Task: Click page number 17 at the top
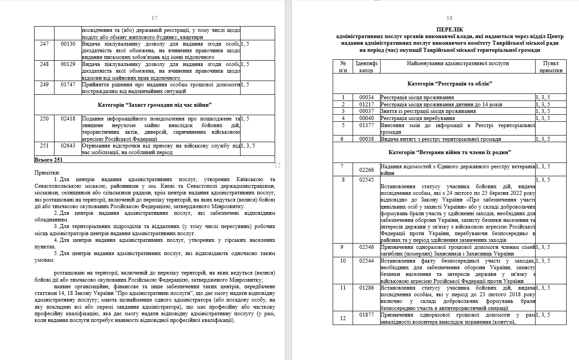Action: click(154, 18)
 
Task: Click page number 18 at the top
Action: click(449, 18)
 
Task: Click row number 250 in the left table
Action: click(44, 119)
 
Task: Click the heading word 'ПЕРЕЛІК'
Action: click(450, 29)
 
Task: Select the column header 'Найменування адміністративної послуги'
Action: click(458, 63)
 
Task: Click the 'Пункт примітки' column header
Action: click(551, 67)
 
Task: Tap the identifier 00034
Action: click(366, 97)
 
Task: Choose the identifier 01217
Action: click(366, 105)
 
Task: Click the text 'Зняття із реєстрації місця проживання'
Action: click(428, 111)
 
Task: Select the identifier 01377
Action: click(366, 125)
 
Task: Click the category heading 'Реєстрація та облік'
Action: click(450, 84)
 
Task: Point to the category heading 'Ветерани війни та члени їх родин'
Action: click(450, 152)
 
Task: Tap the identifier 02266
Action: click(366, 170)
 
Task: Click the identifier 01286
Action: click(366, 288)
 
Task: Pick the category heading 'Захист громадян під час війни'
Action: click(155, 105)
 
